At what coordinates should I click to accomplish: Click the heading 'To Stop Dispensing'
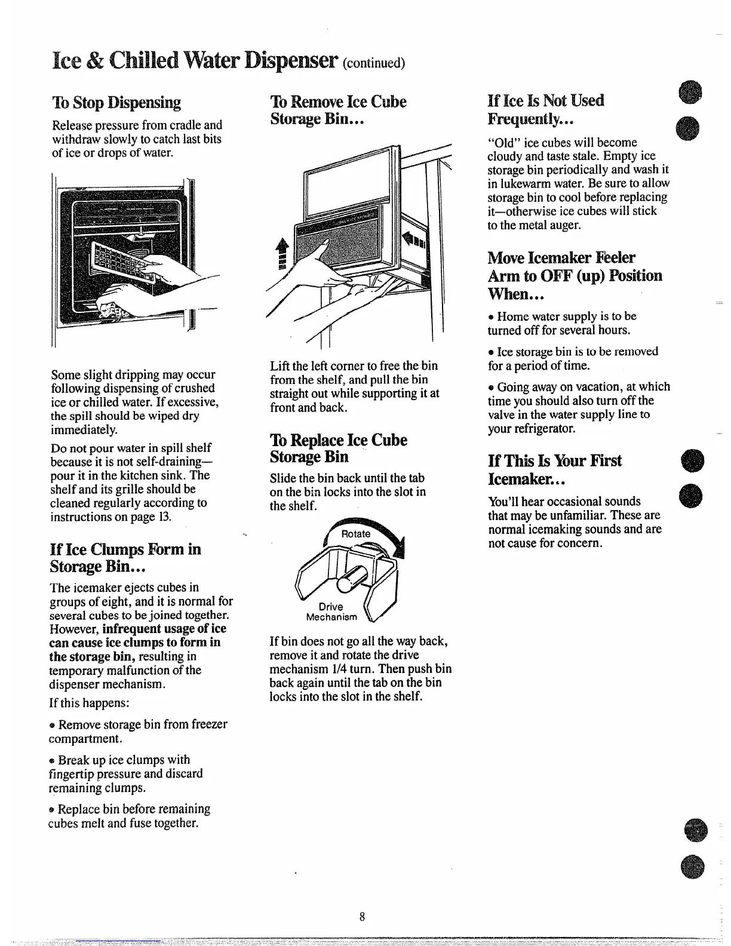tap(116, 103)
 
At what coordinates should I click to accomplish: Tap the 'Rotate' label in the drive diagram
tap(355, 534)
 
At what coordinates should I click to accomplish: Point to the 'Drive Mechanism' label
tap(331, 612)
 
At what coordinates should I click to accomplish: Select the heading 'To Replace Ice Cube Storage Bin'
tap(338, 449)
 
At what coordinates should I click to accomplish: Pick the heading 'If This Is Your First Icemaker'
tap(554, 469)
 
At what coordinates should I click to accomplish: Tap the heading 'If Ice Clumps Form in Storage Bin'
tap(125, 557)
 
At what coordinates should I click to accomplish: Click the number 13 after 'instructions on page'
tap(165, 517)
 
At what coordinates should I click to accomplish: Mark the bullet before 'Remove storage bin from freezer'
tap(53, 725)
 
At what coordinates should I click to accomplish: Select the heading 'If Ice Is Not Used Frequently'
tap(545, 109)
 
